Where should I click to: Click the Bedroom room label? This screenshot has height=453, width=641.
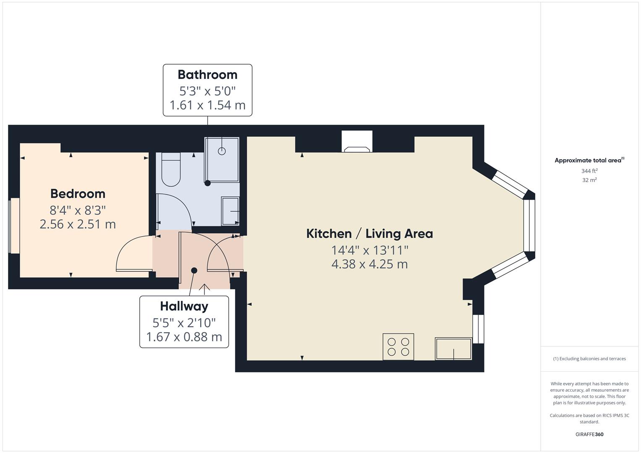78,194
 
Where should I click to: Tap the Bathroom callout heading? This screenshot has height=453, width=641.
207,75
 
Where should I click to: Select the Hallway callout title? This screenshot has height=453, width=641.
184,306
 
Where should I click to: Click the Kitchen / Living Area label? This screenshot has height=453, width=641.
369,234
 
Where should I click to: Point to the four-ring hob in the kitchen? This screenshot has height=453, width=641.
398,346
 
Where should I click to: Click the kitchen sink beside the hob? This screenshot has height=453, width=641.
453,349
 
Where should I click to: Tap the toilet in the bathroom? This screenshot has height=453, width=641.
171,170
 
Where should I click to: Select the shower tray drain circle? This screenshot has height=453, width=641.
222,151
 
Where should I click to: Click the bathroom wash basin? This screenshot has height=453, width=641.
230,211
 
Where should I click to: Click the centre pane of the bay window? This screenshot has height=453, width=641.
529,225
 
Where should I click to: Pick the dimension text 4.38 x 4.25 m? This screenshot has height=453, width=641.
369,264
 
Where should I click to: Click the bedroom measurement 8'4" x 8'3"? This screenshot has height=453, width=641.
78,210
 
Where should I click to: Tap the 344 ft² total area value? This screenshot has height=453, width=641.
589,171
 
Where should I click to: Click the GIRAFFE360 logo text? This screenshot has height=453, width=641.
589,434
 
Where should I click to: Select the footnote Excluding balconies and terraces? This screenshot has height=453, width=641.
589,359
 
